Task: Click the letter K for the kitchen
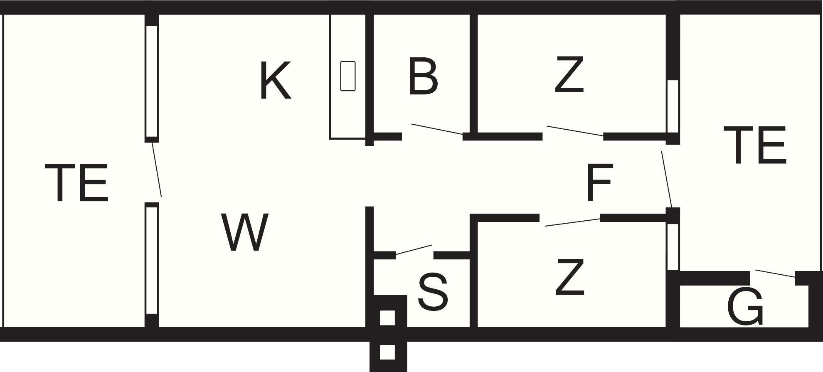click(275, 80)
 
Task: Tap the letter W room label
click(245, 232)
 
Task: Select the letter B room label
click(423, 76)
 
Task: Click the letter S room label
click(433, 292)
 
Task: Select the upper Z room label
click(569, 75)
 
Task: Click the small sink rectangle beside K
click(348, 76)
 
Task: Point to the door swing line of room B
click(437, 129)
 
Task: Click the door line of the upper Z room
click(575, 131)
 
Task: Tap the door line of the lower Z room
click(573, 222)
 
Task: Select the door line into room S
click(414, 250)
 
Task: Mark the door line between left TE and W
click(157, 169)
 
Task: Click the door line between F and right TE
click(667, 180)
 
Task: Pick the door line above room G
click(776, 273)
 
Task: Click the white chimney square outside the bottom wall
click(387, 352)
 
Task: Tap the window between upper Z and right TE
click(673, 106)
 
